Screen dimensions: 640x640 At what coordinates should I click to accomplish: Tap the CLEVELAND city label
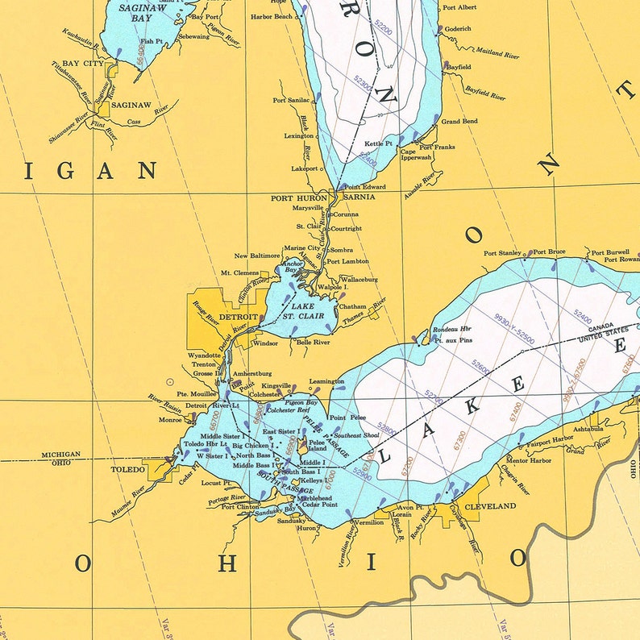491,506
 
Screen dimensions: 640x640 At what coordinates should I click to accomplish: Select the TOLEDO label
129,468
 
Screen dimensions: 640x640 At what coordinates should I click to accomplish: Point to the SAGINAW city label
131,105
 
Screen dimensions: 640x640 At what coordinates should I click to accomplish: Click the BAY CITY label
83,63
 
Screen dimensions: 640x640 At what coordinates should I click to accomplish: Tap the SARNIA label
359,197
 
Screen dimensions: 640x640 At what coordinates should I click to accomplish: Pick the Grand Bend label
459,122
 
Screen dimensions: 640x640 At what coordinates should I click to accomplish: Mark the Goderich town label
458,28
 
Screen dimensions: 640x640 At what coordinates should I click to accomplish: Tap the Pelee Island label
317,446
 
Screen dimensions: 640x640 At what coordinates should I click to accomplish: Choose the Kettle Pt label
378,143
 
